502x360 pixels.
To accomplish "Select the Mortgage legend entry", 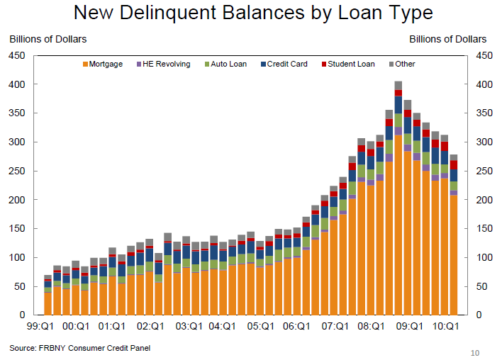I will coord(103,64).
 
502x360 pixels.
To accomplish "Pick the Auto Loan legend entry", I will coord(226,64).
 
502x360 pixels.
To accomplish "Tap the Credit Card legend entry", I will coord(284,64).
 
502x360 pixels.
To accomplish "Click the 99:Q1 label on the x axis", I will coord(38,327).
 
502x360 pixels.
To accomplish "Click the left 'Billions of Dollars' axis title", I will coord(48,40).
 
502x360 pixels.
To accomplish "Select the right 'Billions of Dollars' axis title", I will coord(448,40).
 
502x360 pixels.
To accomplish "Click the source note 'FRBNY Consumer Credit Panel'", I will coord(80,348).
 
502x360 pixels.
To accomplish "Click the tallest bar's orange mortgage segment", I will coord(398,227).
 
